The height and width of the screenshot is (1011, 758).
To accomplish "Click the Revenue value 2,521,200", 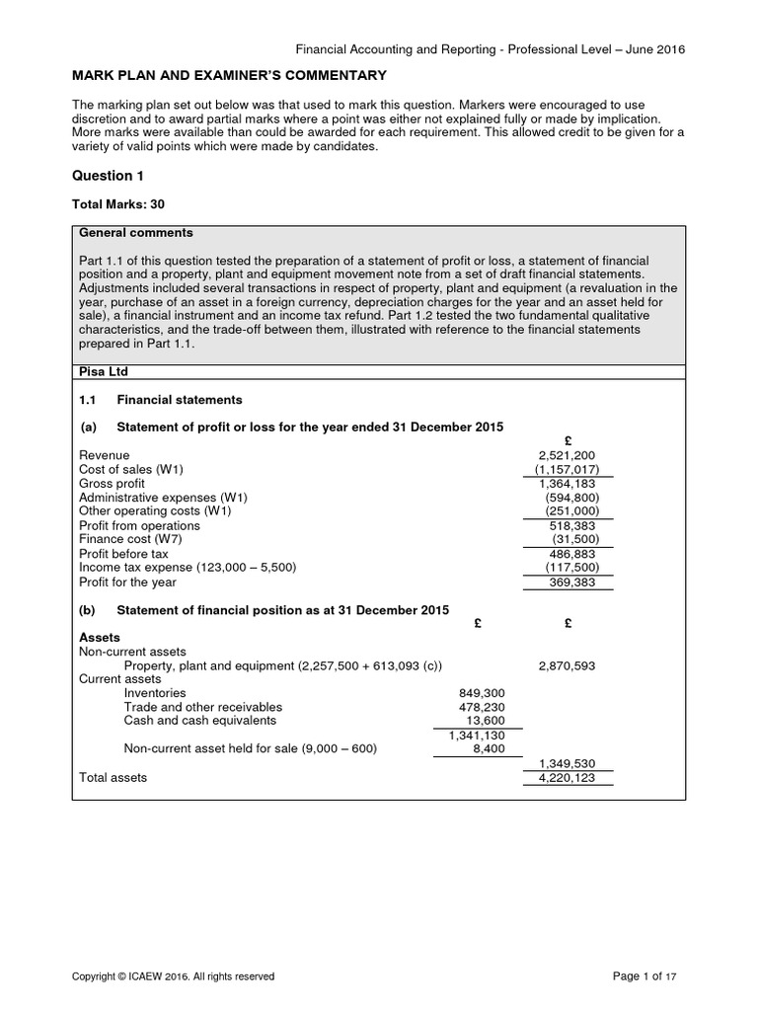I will pyautogui.click(x=567, y=455).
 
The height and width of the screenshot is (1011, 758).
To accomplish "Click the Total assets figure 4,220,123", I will pyautogui.click(x=567, y=778).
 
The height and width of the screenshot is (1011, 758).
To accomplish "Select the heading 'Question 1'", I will pyautogui.click(x=102, y=176).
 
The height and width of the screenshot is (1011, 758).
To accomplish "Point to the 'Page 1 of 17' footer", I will pyautogui.click(x=645, y=976).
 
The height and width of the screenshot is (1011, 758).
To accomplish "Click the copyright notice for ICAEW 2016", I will pyautogui.click(x=174, y=976).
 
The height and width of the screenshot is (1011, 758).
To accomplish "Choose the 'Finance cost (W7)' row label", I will pyautogui.click(x=130, y=540).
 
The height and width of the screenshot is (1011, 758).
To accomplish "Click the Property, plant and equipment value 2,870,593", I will pyautogui.click(x=567, y=666).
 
